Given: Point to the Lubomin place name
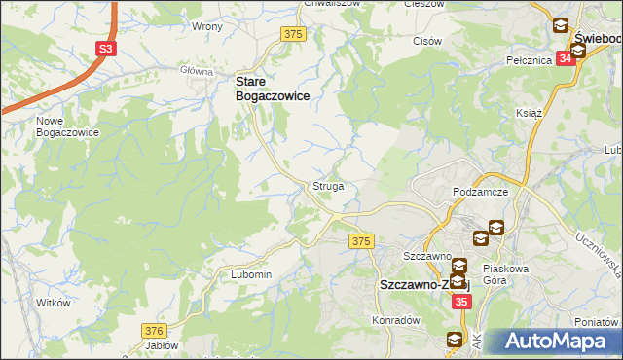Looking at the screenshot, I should click(250, 274).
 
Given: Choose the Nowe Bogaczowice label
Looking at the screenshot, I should click(67, 126).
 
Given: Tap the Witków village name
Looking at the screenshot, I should click(54, 303).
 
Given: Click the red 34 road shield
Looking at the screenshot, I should click(567, 58).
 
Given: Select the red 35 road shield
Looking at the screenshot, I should click(461, 303).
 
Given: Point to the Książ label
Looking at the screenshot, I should click(529, 113).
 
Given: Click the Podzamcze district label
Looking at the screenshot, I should click(481, 193).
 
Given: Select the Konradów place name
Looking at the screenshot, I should click(394, 319).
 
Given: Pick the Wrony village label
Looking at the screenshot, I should click(207, 26).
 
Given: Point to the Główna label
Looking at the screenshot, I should click(196, 71).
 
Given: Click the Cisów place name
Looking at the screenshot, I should click(427, 41).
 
